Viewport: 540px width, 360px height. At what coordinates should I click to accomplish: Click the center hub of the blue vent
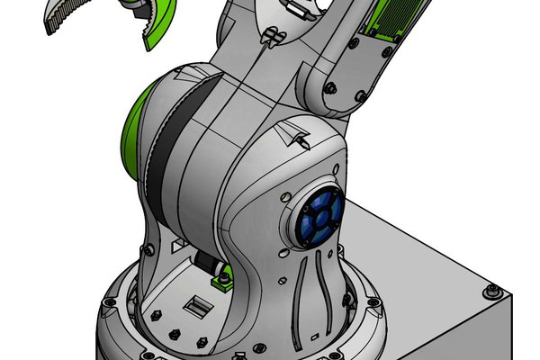(319, 216)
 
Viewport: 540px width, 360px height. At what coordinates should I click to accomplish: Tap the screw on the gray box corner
(492, 290)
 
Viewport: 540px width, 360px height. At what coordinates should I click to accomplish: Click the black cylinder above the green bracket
(209, 265)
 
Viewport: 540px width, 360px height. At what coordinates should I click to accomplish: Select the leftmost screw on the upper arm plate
(331, 88)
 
